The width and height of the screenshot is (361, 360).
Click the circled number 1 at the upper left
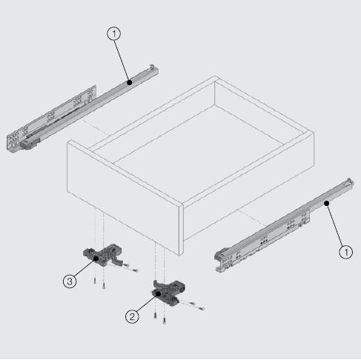[114, 34]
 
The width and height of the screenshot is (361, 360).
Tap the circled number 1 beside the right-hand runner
[346, 252]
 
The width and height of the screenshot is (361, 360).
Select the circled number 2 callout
[132, 316]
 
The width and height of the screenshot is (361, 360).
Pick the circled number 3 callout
[70, 281]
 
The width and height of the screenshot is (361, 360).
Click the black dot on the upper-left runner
[130, 82]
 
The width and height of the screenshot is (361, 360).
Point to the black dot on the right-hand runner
[327, 203]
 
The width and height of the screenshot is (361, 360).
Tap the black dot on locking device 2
[159, 293]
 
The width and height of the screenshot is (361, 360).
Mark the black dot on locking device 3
[96, 259]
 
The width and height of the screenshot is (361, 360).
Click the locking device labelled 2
[168, 293]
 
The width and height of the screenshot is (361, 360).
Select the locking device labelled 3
[103, 255]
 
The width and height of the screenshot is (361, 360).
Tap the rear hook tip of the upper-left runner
[152, 66]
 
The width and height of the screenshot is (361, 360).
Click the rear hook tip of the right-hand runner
[349, 179]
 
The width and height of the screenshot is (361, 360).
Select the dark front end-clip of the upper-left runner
[30, 144]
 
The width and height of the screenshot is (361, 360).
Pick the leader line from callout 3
[84, 268]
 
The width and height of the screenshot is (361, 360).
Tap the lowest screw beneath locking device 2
[164, 321]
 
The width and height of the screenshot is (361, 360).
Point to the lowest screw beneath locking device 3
[104, 286]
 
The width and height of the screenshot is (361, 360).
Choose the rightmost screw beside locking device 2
[201, 308]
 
